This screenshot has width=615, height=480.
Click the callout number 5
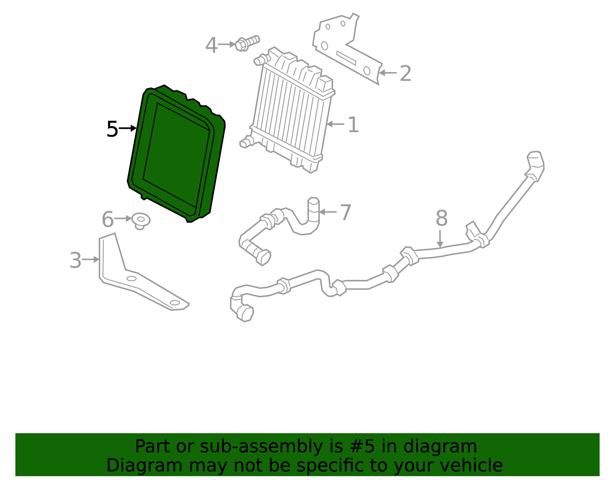pos(112,129)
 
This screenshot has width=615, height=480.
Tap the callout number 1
pos(353,125)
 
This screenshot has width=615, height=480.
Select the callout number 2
pos(405,73)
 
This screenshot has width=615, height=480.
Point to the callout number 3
pos(75,260)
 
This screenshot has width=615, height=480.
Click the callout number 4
pos(211,45)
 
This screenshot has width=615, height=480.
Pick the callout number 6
pos(108,219)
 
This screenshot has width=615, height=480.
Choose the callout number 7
pos(346,213)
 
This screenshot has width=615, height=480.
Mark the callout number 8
pos(442,218)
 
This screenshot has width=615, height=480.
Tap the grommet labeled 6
pos(141,221)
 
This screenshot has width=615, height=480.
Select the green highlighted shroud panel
pos(177,154)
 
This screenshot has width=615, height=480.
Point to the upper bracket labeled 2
pos(346,50)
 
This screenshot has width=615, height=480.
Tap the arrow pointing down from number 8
pos(440,238)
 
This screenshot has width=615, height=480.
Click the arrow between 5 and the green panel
pos(128,128)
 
